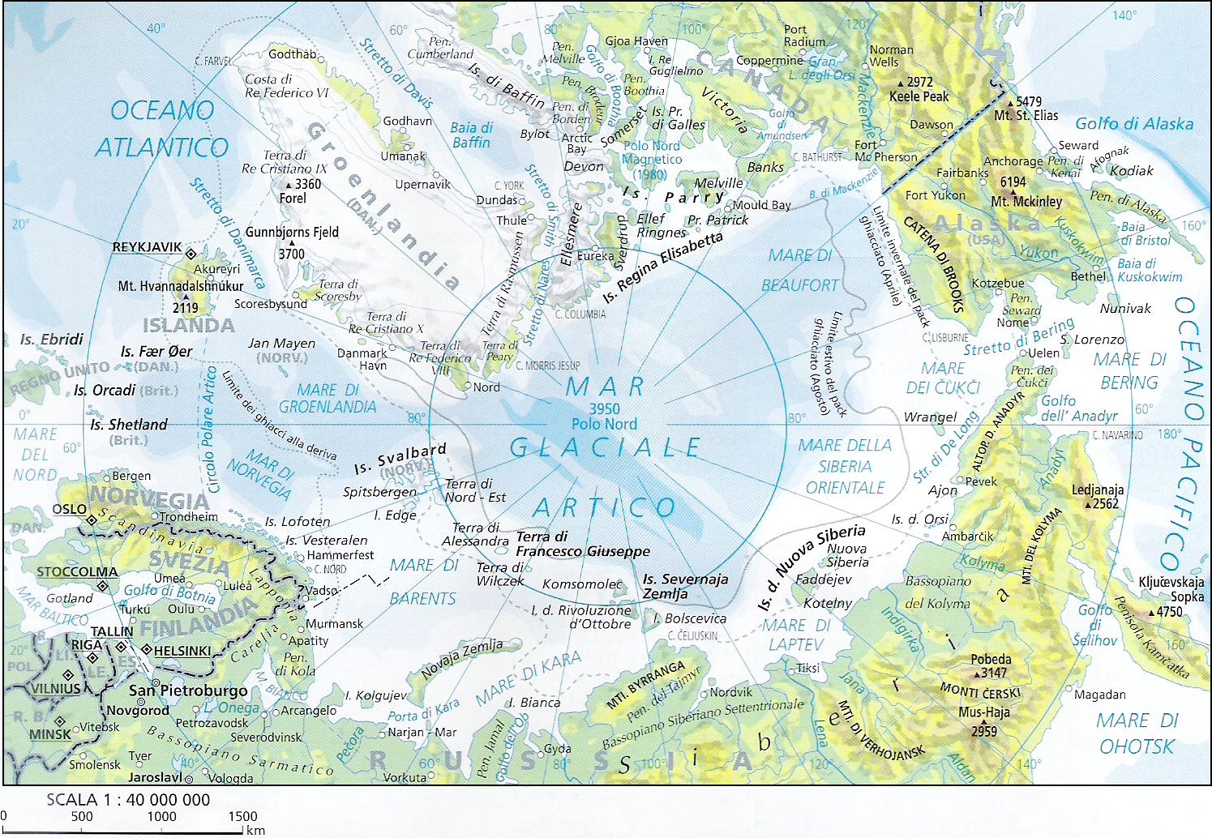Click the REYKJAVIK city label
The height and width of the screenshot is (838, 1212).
[147, 247]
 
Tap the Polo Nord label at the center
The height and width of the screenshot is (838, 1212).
[604, 424]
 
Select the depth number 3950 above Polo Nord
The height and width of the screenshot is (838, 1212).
[604, 409]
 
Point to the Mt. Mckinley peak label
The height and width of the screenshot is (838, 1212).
[1026, 201]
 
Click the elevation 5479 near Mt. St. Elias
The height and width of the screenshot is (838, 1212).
[1029, 101]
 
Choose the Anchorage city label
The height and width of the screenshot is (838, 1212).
[1013, 161]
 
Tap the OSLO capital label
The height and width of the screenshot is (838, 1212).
[69, 509]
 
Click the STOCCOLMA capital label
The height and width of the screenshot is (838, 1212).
[77, 572]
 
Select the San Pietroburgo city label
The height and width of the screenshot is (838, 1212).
[188, 691]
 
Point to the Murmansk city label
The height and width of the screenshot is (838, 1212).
[334, 624]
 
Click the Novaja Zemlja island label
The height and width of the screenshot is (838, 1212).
[461, 657]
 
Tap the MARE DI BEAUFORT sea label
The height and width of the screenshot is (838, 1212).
[799, 271]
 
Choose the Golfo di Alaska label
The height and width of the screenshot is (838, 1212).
[1133, 124]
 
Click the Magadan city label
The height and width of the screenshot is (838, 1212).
[1099, 695]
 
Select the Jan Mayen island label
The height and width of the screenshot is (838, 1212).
[281, 344]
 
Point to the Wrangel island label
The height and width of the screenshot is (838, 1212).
[930, 417]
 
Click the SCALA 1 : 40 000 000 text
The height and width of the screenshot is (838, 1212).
[128, 800]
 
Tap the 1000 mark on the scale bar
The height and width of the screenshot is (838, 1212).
[161, 816]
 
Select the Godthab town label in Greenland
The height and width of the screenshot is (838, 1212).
[292, 54]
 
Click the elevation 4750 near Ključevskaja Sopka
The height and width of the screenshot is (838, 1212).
[1169, 612]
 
